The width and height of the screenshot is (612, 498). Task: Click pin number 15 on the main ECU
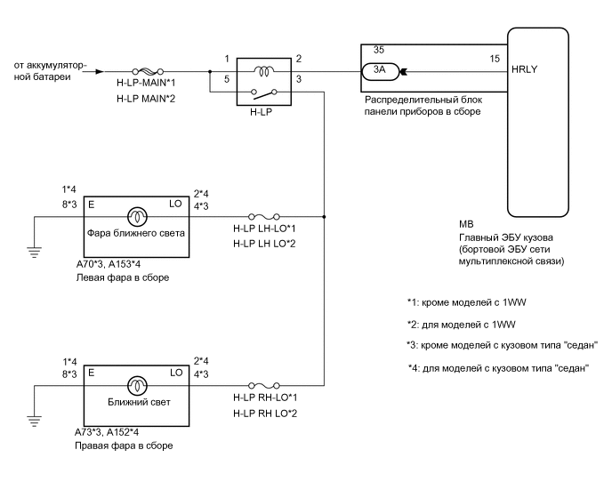point(494,59)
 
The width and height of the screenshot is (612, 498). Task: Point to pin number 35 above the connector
point(378,52)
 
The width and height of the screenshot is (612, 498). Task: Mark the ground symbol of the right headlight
point(35,421)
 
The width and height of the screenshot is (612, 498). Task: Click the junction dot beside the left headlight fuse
point(325,214)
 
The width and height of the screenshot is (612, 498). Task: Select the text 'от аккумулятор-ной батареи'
point(48,71)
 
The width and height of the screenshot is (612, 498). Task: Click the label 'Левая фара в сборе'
point(122,278)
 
